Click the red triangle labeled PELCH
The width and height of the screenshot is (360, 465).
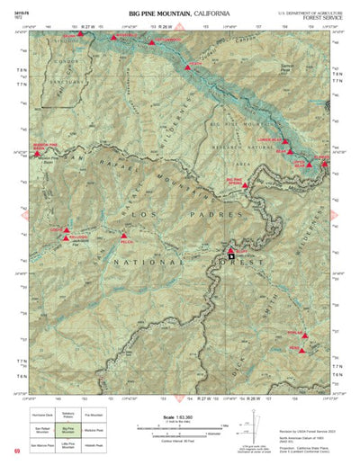[x=124, y=236]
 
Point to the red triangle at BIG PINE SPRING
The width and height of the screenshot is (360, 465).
[x=244, y=185]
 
